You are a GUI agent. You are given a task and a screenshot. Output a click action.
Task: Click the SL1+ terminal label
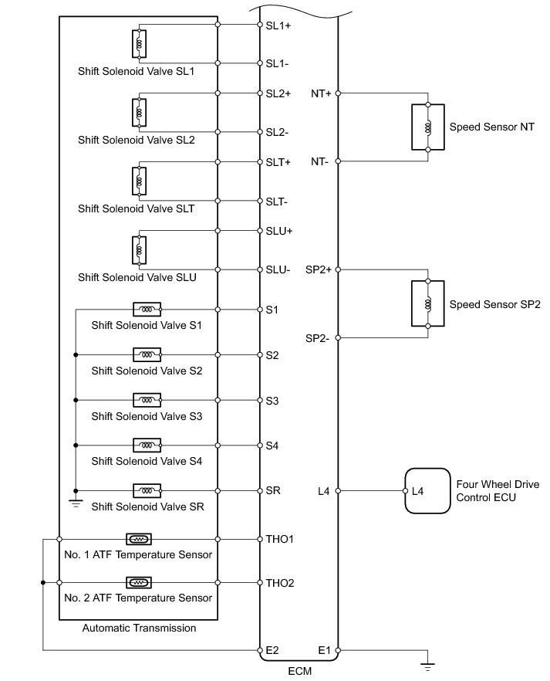click(x=278, y=25)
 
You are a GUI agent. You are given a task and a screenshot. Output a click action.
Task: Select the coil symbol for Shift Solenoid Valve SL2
click(x=140, y=113)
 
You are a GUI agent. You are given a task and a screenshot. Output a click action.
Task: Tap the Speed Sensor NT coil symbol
click(x=428, y=127)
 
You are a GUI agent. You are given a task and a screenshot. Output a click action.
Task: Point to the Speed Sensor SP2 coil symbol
click(x=428, y=304)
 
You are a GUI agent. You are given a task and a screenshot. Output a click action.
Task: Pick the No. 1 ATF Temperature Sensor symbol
click(x=138, y=539)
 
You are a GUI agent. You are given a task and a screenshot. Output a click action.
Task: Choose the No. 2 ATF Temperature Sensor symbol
click(x=138, y=582)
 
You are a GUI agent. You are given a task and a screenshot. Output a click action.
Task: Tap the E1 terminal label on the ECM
click(x=325, y=650)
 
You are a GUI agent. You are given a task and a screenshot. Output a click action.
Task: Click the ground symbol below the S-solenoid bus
click(x=76, y=503)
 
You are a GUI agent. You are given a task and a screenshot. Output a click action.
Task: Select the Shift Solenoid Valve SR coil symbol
click(x=147, y=491)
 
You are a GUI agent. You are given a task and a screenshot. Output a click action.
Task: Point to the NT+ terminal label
click(x=321, y=93)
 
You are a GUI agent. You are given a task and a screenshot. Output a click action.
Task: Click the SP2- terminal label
click(x=318, y=338)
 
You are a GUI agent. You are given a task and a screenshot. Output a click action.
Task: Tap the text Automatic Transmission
click(x=139, y=628)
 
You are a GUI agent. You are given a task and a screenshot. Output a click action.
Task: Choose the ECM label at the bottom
click(x=299, y=672)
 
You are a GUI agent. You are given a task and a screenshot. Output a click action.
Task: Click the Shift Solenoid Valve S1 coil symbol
click(x=147, y=310)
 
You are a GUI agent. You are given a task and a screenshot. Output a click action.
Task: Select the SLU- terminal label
click(x=278, y=269)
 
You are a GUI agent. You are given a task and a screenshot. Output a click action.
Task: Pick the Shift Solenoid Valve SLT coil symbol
click(x=140, y=181)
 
